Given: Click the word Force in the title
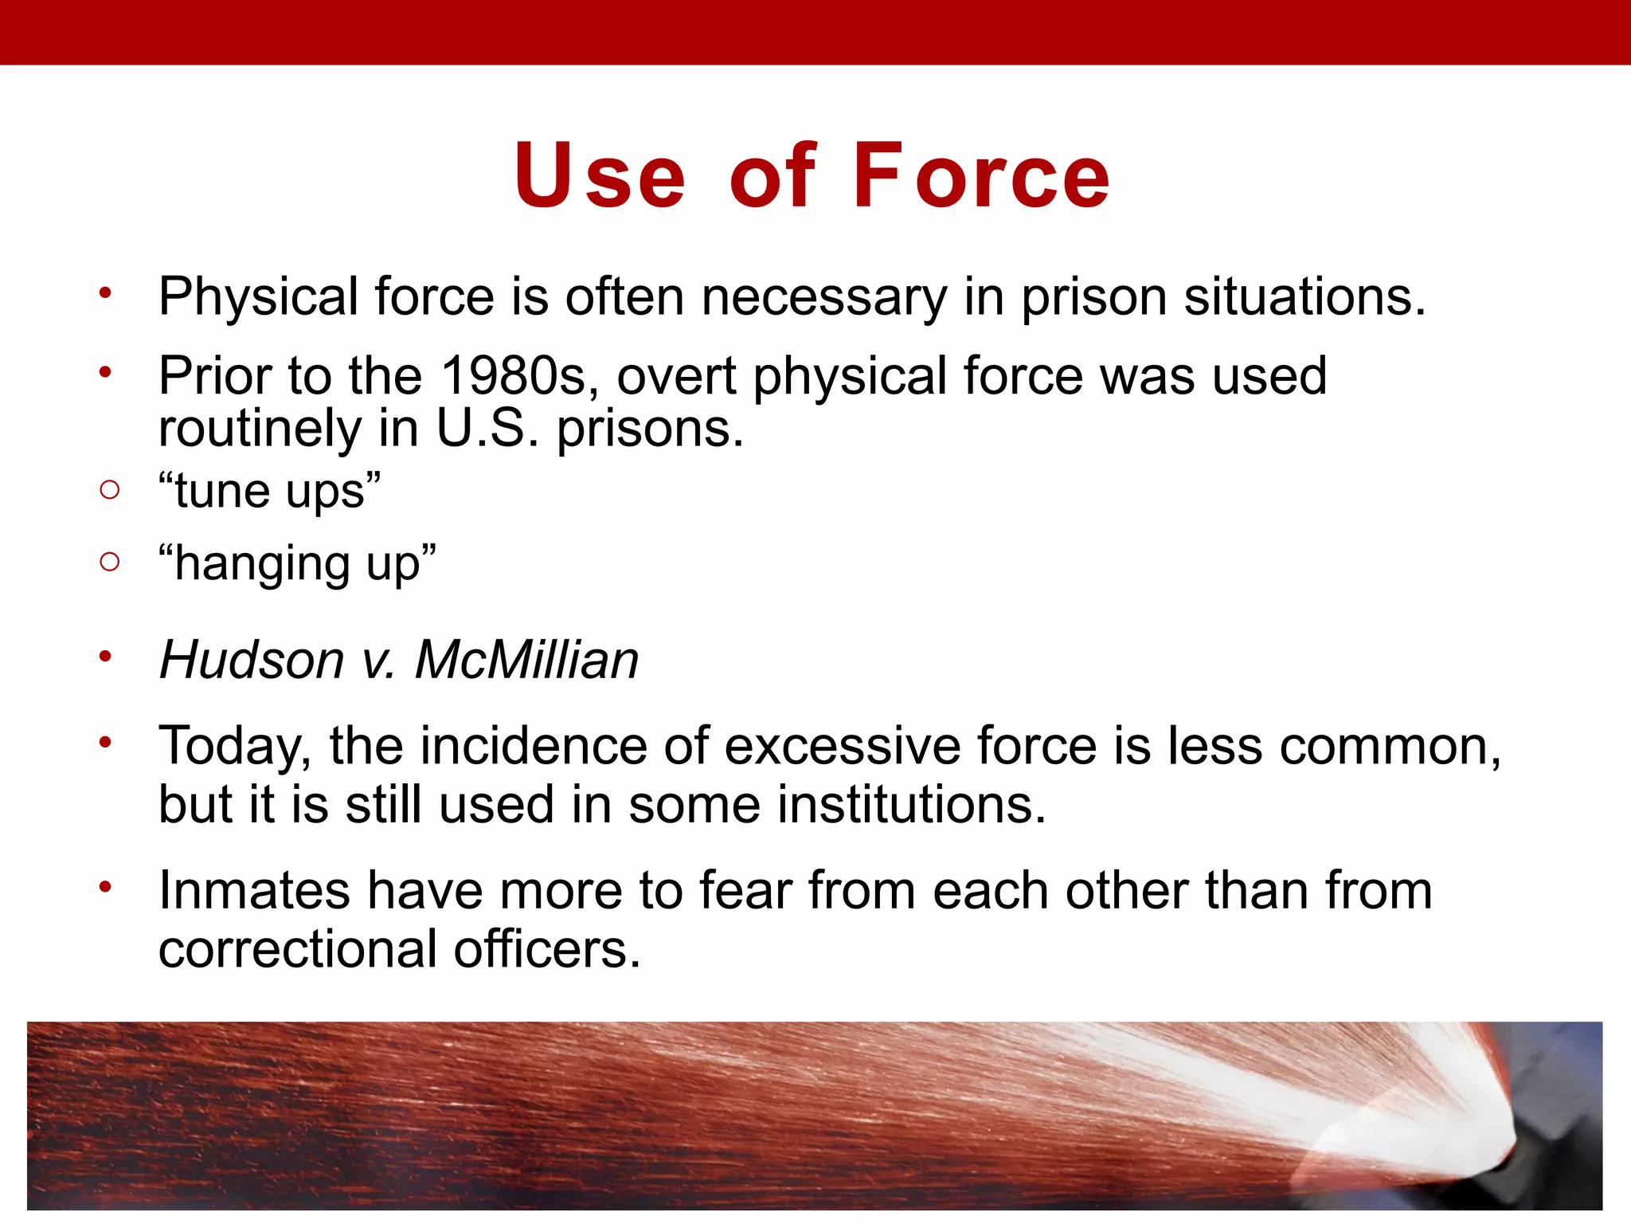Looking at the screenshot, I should click(x=981, y=177).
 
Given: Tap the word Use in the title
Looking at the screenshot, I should click(x=600, y=177).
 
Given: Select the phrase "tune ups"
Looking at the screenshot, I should click(x=269, y=491).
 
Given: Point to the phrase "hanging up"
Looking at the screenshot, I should click(x=297, y=563).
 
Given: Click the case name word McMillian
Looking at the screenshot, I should click(x=526, y=660).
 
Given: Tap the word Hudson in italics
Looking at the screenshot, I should click(x=252, y=660).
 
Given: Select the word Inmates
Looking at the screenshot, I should click(x=254, y=890).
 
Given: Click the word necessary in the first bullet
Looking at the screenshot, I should click(x=824, y=297).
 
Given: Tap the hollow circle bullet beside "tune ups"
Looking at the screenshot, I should click(x=110, y=489).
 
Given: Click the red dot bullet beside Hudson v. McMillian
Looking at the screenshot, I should click(x=105, y=657).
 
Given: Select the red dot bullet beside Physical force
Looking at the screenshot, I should click(x=105, y=293).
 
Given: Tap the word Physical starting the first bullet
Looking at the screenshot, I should click(x=258, y=297).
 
